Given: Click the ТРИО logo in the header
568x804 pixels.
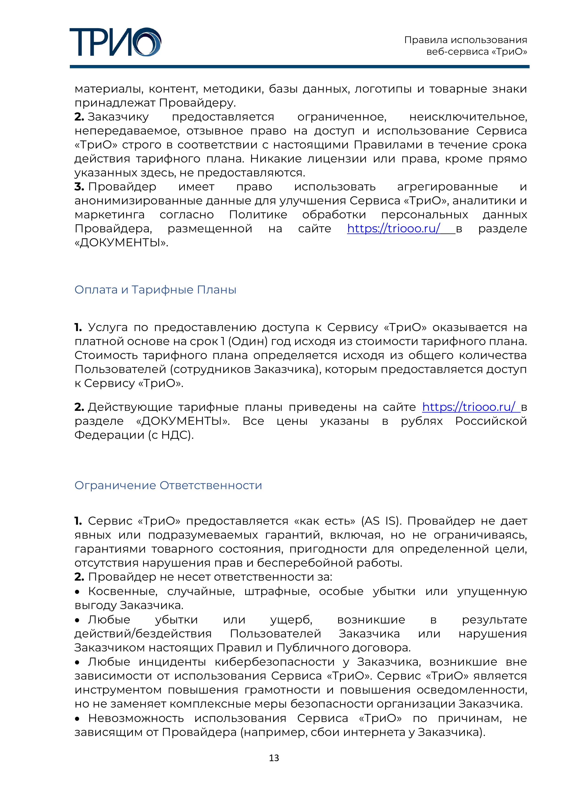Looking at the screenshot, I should [115, 42].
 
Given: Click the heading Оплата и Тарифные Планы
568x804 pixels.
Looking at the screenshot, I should [155, 290].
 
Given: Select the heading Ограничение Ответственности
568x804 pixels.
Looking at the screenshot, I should [168, 485].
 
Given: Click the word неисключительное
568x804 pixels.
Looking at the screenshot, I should [468, 117].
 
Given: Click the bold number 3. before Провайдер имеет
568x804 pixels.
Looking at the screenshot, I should [79, 187].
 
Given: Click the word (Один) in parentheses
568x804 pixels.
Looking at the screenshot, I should [247, 341].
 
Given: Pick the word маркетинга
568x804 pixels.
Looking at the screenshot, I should [109, 215].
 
